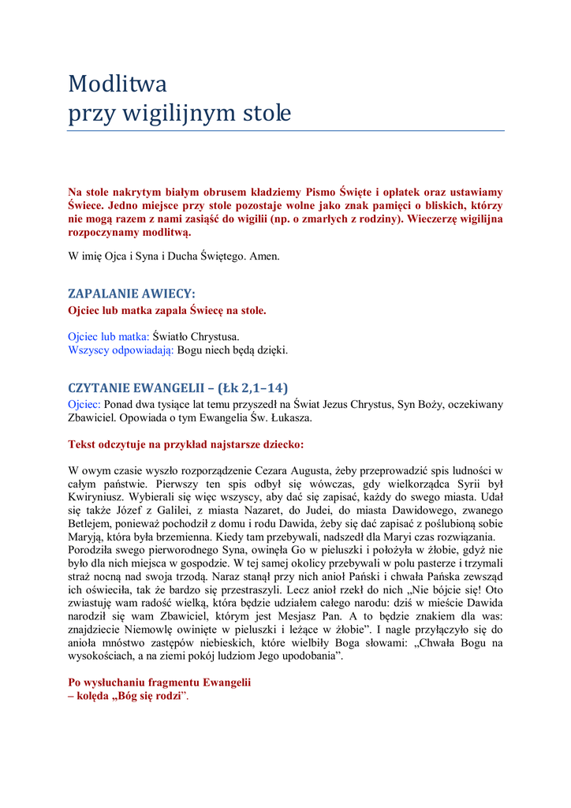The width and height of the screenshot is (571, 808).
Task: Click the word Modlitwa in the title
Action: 117,83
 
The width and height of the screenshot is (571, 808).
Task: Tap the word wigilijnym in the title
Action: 170,114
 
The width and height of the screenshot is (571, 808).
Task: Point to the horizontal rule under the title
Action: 285,130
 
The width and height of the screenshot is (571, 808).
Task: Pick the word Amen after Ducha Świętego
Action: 264,256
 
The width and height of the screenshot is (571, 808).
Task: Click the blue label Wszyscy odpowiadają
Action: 121,350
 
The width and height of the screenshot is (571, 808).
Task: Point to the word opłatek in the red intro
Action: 409,192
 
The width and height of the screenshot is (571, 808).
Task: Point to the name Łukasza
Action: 289,417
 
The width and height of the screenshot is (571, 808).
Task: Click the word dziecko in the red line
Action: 280,444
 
